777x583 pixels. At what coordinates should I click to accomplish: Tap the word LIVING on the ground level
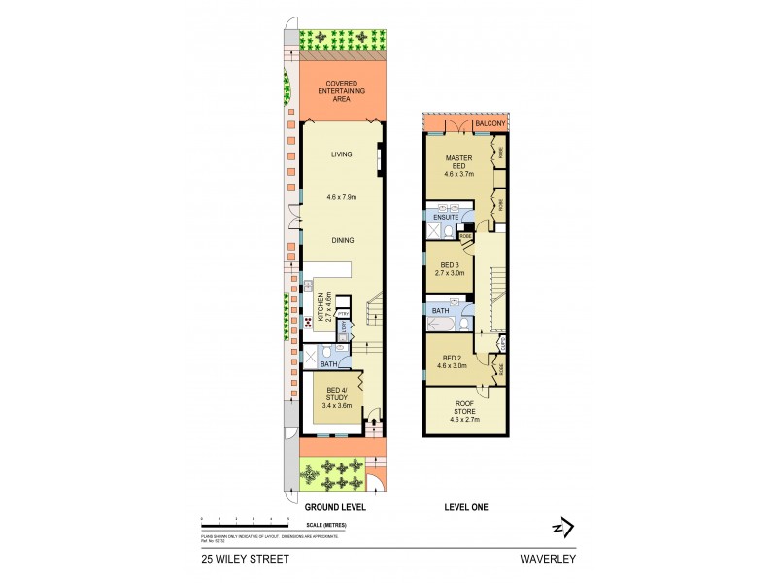coord(341,154)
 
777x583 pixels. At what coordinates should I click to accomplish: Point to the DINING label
coord(341,240)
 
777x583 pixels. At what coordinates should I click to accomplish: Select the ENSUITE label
coord(446,217)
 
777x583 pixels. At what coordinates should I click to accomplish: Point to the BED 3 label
coord(450,269)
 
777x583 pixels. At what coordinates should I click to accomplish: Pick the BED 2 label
coord(449,361)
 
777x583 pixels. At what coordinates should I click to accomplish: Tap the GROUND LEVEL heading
coord(334,508)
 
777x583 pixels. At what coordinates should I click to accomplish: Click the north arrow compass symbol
coord(560,527)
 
